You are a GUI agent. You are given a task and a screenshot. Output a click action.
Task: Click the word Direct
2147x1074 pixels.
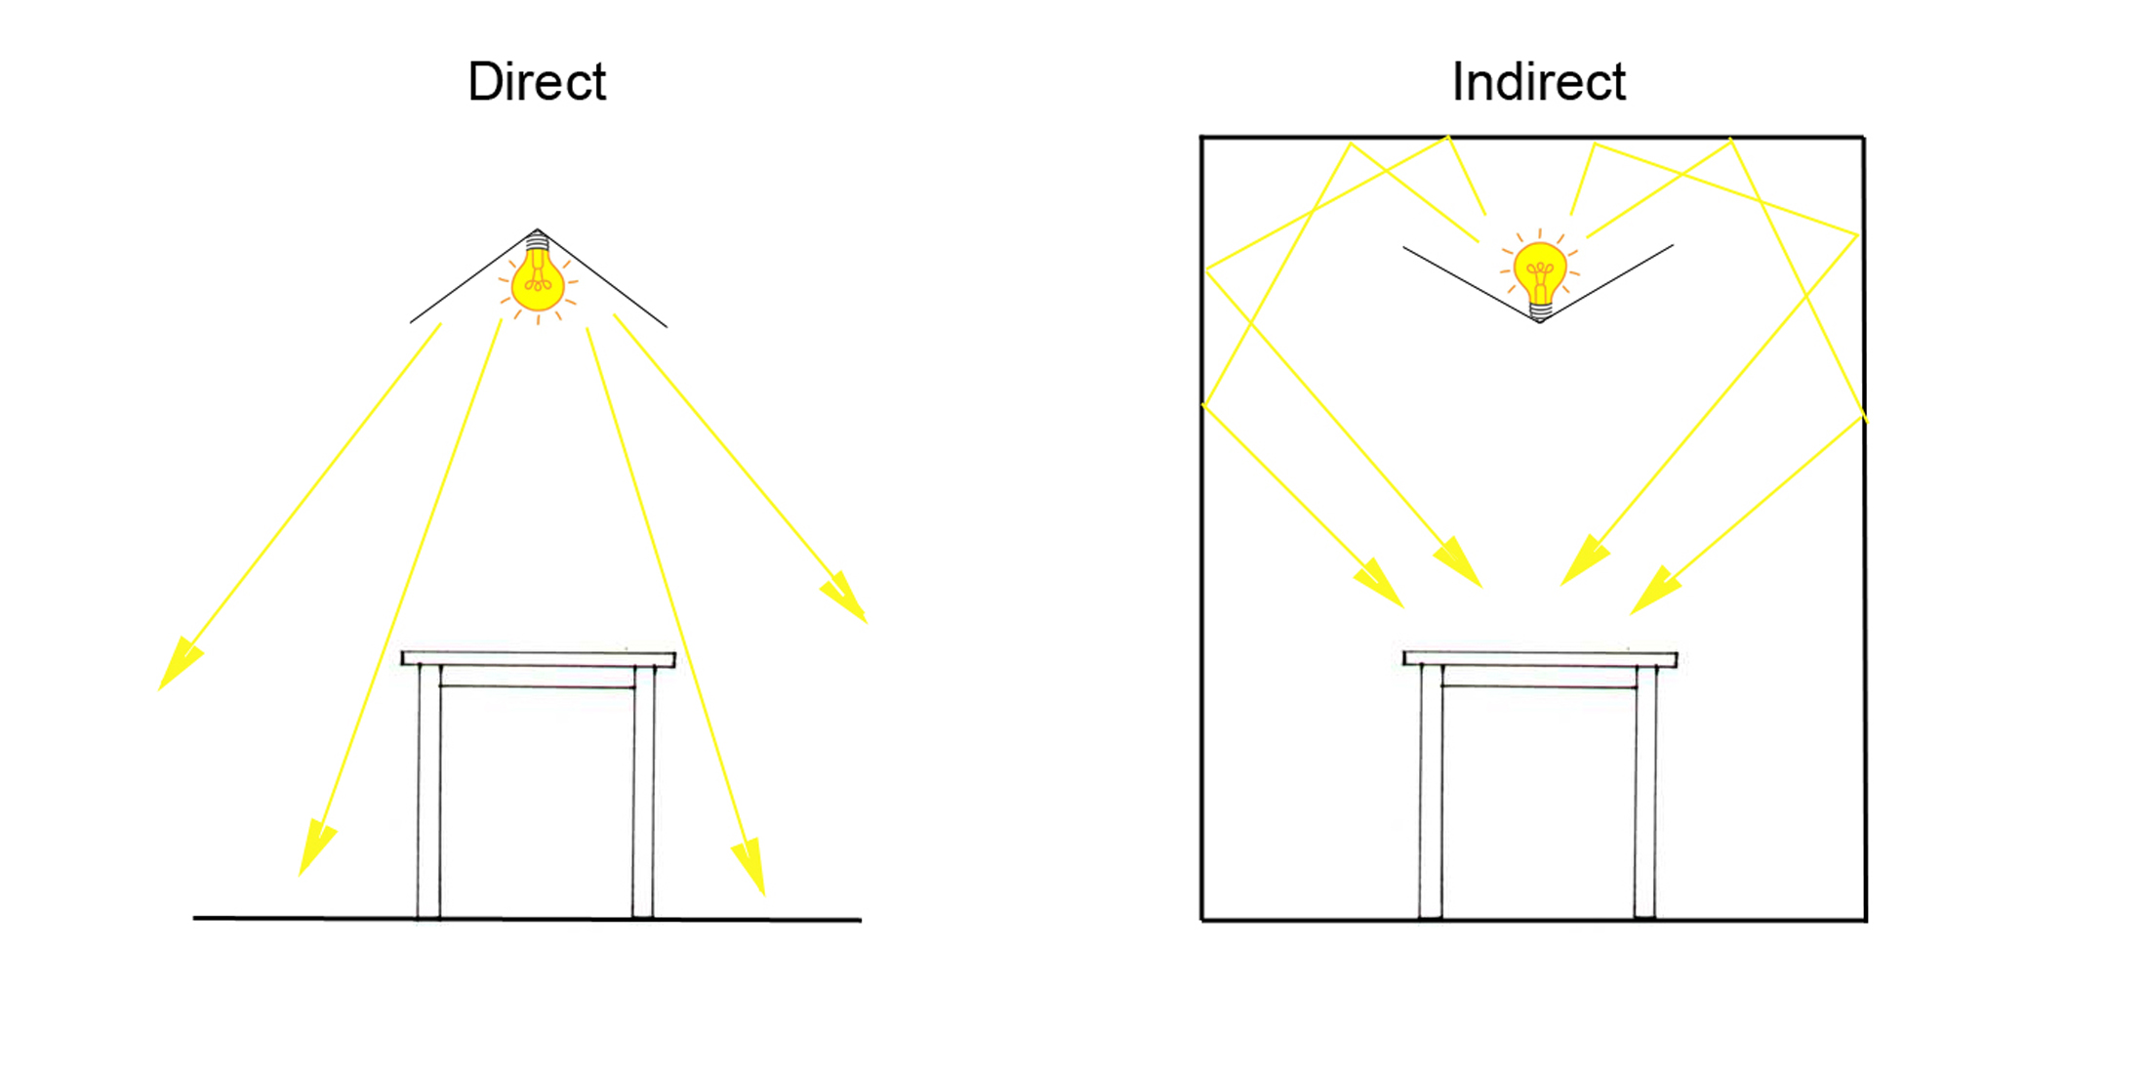point(537,81)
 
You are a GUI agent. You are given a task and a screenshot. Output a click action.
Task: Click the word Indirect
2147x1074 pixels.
point(1538,81)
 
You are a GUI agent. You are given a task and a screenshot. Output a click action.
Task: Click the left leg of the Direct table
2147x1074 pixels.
point(429,791)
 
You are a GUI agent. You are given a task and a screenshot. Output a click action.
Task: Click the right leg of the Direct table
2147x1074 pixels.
point(643,791)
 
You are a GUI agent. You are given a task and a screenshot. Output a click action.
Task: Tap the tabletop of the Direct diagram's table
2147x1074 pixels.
point(538,659)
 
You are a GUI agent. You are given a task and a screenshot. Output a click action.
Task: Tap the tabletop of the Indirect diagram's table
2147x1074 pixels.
point(1540,659)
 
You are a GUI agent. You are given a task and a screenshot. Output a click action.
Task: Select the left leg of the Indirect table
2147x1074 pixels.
point(1431,791)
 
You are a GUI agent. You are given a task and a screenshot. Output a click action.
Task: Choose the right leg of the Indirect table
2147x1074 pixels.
point(1645,791)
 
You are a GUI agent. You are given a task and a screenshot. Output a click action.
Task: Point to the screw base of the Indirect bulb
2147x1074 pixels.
point(1540,311)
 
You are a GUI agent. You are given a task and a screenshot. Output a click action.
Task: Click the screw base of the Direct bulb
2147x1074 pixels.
point(537,242)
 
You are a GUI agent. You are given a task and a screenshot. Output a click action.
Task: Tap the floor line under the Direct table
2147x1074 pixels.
point(293,918)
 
